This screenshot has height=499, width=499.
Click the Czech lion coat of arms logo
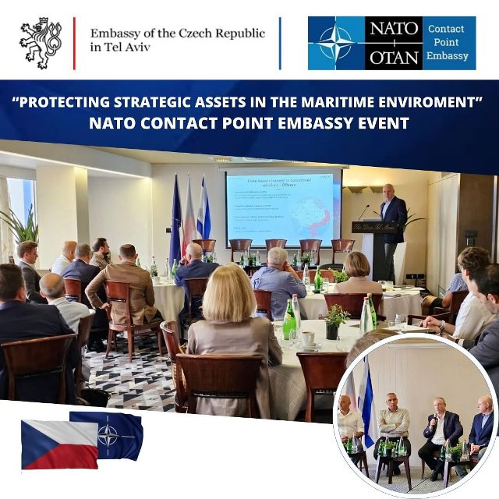(x=40, y=42)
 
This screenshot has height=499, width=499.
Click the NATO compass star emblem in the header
(x=335, y=43)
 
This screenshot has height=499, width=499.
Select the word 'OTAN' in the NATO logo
(x=394, y=56)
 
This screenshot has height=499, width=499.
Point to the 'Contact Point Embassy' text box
(x=448, y=43)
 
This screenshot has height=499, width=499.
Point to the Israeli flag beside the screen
(x=204, y=211)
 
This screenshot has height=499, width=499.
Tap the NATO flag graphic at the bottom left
(x=109, y=434)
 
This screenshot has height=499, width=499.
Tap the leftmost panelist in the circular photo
(x=350, y=428)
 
